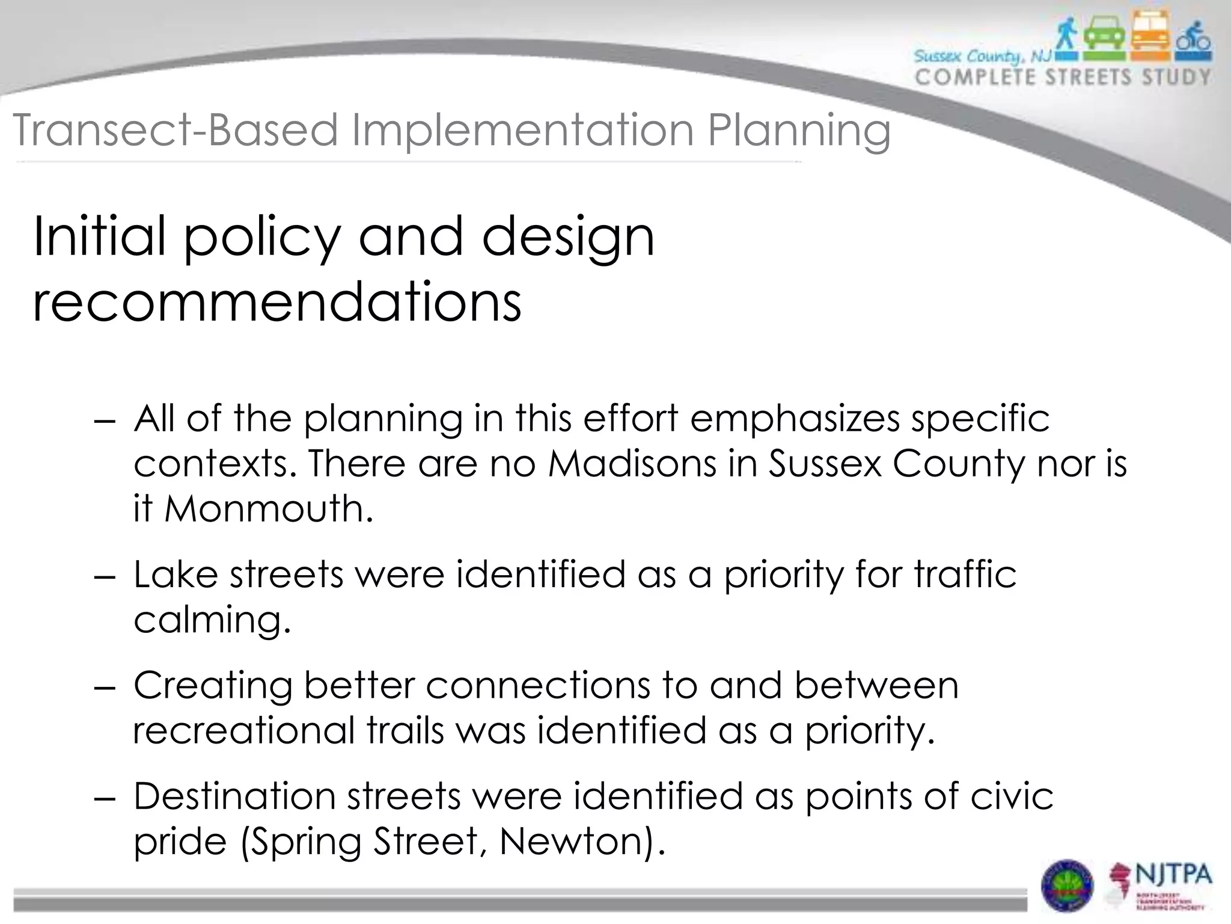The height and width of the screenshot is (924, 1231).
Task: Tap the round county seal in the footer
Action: pos(1067,885)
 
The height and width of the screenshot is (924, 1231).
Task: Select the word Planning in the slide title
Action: pos(799,131)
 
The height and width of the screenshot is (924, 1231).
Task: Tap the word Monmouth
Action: pos(268,508)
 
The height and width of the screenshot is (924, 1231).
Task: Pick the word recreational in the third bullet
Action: pos(244,730)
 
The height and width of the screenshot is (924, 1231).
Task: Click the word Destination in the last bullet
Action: pos(234,796)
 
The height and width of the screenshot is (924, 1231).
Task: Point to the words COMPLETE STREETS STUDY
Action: pos(1063,78)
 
